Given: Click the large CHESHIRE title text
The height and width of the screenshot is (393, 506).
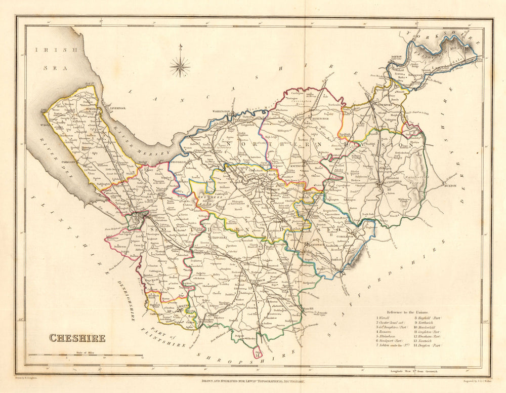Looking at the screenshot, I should pos(77,338).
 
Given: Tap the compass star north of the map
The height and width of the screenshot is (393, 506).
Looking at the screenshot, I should pos(180,66).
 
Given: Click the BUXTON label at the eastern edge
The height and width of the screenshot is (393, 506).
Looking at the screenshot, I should pos(449,186).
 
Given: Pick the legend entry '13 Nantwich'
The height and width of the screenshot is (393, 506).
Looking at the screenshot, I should pos(429,340).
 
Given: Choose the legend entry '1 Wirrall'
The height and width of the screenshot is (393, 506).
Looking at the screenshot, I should pos(383,318).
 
